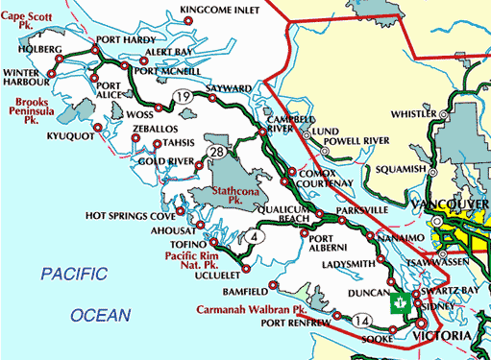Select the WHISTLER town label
click(409, 113)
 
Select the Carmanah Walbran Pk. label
click(251, 310)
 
